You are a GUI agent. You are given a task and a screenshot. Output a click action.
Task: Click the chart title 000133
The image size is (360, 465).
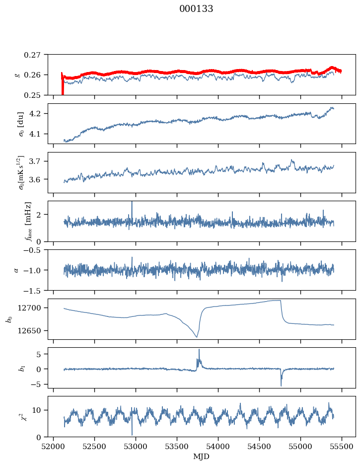pos(196,9)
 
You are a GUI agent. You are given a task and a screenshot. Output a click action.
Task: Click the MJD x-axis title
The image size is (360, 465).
pos(201,457)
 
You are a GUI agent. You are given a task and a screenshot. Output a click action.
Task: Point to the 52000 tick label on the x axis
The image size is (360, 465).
pos(53,447)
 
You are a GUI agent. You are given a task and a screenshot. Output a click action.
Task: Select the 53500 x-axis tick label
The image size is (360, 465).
pos(177,447)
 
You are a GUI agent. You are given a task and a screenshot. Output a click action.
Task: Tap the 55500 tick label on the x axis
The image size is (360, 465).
pos(342,447)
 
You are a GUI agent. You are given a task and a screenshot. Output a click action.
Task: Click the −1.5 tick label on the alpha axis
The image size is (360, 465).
pos(34,291)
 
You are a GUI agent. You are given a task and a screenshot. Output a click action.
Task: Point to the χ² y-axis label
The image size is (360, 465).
pos(24,416)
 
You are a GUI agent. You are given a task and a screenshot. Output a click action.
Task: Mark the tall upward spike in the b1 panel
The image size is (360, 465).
pos(199,350)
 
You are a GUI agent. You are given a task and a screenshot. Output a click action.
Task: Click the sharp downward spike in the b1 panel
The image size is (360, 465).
pos(281,385)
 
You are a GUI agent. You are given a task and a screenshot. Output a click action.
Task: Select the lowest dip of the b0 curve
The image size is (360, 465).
pos(197,337)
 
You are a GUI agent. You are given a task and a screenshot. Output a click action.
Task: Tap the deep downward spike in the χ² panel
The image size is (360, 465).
pos(132,434)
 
